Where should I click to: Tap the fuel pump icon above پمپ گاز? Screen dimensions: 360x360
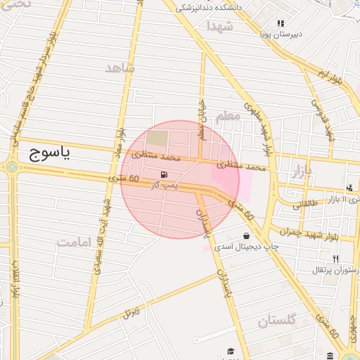coord(164,174)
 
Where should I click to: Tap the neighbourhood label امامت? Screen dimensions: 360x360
coord(75,242)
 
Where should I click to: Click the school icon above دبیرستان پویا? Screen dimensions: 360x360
coord(281,23)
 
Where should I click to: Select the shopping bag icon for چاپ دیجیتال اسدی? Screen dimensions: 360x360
coord(246,236)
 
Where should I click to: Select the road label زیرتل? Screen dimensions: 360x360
coord(130,310)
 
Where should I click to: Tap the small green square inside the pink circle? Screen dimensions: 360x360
coord(157,138)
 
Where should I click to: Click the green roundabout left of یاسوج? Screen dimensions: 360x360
coord(12,167)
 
